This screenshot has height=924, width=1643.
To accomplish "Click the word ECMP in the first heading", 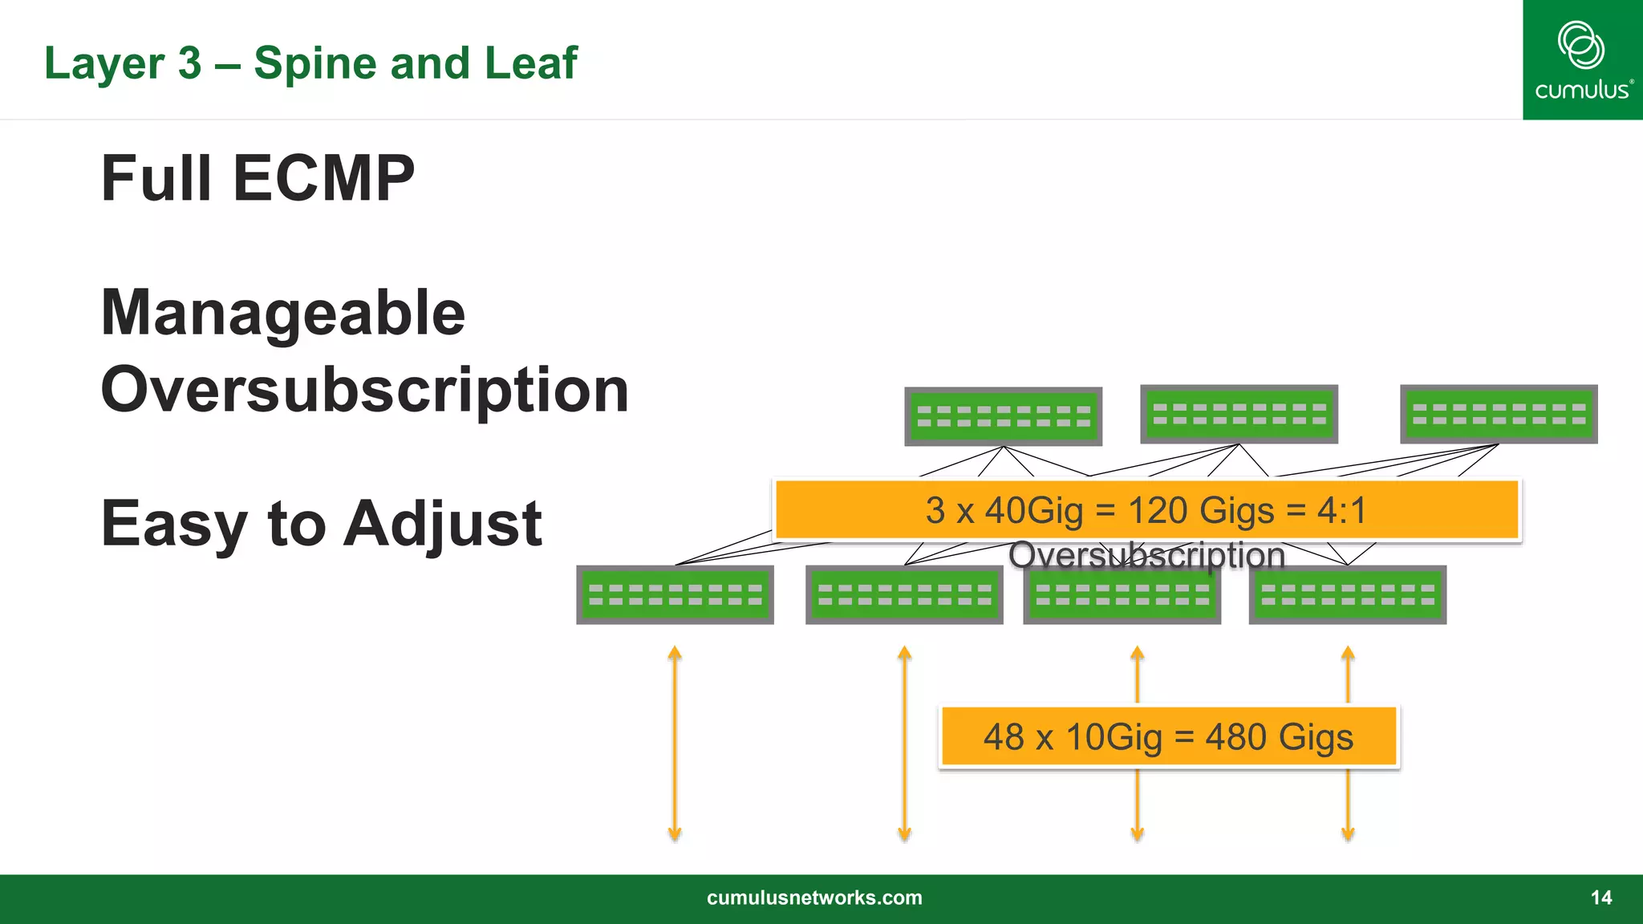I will click(x=323, y=178).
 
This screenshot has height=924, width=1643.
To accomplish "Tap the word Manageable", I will click(x=282, y=313).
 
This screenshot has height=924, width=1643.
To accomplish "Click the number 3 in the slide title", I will click(x=189, y=63).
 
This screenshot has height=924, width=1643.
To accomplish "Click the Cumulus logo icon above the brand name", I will click(x=1580, y=45).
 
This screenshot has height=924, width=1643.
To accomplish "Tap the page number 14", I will click(x=1600, y=898).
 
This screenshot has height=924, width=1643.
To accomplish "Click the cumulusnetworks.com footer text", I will click(x=814, y=898).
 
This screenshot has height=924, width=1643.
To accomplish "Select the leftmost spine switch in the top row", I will click(x=1003, y=416).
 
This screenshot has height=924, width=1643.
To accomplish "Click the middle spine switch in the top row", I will click(x=1239, y=414).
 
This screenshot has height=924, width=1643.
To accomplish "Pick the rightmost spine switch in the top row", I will click(x=1498, y=414).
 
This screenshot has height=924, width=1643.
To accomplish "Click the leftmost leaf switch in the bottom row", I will click(x=675, y=594).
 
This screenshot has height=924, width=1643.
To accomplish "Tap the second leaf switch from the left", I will click(x=904, y=594).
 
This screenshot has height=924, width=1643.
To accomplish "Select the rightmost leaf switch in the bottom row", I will click(x=1347, y=594).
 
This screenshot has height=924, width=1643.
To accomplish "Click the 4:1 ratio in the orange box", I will click(x=1341, y=511).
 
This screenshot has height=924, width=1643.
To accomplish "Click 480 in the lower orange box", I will click(x=1235, y=737).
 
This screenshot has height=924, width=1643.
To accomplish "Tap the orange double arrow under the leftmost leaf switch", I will click(x=675, y=743).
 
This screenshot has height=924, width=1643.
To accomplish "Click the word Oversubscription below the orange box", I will click(x=1146, y=555).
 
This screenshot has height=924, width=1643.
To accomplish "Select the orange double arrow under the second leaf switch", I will click(x=904, y=743).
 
